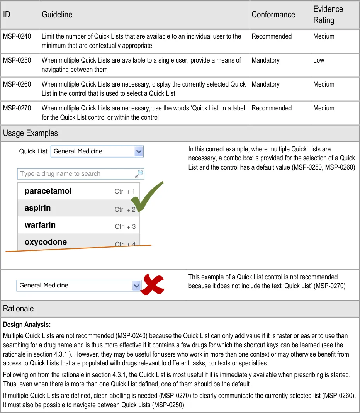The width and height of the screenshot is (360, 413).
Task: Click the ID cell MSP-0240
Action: coord(17,36)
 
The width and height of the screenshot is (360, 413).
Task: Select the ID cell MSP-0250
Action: coord(17,60)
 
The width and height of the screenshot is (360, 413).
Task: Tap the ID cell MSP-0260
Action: coord(17,84)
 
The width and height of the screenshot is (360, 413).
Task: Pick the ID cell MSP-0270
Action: coord(17,108)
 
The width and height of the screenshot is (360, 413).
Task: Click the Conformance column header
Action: coord(273,15)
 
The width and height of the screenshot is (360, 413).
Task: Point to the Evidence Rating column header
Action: coord(328,15)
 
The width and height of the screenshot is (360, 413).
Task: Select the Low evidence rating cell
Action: coord(319,60)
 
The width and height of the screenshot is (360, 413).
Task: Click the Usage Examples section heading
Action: coord(31,133)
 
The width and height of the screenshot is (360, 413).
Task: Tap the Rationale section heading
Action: coord(18,309)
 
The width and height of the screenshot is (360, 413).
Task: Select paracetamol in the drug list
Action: coord(48,191)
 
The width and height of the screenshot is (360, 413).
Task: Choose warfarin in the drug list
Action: coord(40,225)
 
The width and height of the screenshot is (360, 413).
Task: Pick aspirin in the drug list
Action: coord(37,208)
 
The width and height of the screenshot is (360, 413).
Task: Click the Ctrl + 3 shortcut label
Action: coord(125,226)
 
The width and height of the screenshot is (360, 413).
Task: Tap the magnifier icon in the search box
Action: coord(139,174)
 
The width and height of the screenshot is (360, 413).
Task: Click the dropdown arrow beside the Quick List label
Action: coord(139,151)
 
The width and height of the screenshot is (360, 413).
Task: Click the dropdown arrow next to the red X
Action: coord(136,286)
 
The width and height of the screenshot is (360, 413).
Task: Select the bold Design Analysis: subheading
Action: coord(27,325)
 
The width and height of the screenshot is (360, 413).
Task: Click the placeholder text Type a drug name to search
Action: coord(60,174)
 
